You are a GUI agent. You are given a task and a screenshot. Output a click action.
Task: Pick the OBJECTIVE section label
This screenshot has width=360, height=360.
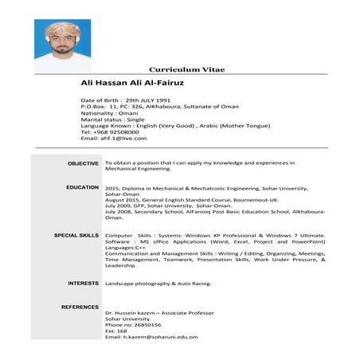coord(83,163)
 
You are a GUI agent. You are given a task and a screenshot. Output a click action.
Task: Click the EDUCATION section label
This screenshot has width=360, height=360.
coord(82,187)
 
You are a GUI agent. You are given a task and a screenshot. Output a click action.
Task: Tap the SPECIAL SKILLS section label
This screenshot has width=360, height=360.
coord(76,236)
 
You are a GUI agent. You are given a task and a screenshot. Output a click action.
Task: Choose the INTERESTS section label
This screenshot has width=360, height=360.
coord(83,283)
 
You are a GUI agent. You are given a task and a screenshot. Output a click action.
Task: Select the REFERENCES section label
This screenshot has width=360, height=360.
coord(80,307)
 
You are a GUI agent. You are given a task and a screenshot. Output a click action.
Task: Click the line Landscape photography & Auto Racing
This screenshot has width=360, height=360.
coord(157,284)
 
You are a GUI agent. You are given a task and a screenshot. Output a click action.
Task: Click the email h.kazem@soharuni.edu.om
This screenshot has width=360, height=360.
coord(151,337)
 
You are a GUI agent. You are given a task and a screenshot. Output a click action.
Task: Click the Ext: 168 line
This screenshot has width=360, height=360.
coord(115,331)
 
